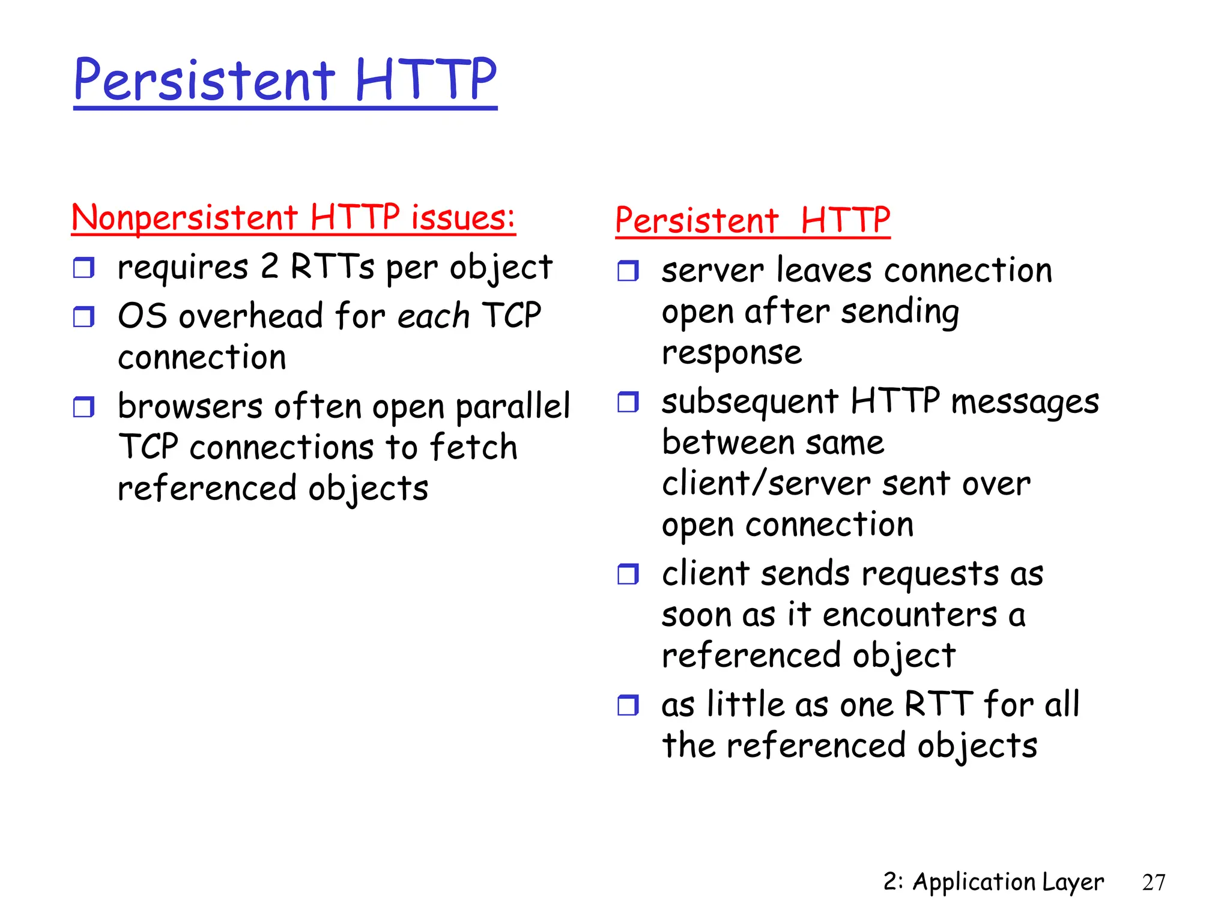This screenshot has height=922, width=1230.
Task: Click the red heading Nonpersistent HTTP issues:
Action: pyautogui.click(x=293, y=217)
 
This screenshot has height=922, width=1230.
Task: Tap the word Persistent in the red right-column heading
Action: pyautogui.click(x=697, y=220)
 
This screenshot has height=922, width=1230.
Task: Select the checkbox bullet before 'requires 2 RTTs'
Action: pyautogui.click(x=83, y=268)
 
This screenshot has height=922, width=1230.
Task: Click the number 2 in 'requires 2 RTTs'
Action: pyautogui.click(x=270, y=267)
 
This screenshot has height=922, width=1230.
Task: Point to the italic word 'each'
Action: pyautogui.click(x=433, y=316)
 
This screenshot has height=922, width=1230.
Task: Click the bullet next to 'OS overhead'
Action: pyautogui.click(x=83, y=316)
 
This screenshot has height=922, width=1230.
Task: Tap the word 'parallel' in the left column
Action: pyautogui.click(x=513, y=406)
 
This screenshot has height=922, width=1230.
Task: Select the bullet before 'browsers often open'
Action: pyautogui.click(x=83, y=407)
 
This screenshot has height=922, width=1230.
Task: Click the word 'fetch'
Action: pyautogui.click(x=474, y=447)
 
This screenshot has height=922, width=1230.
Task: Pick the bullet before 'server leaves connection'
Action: pyautogui.click(x=628, y=271)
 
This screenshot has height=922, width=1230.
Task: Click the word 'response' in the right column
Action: pyautogui.click(x=732, y=352)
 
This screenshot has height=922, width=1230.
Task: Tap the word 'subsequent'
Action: pyautogui.click(x=750, y=402)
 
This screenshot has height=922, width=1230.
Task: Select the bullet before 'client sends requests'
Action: pyautogui.click(x=628, y=574)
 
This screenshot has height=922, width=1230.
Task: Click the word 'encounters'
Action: pyautogui.click(x=909, y=615)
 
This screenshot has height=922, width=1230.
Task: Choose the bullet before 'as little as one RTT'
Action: pyautogui.click(x=628, y=705)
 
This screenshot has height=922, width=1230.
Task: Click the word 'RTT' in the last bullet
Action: pyautogui.click(x=938, y=704)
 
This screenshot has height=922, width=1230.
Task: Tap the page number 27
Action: pyautogui.click(x=1153, y=882)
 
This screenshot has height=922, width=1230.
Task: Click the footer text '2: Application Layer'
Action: pyautogui.click(x=993, y=882)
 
